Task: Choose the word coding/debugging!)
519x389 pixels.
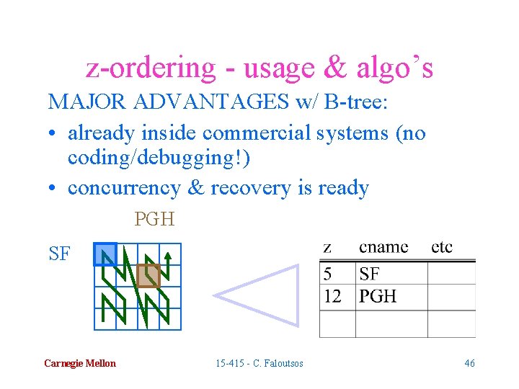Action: (x=159, y=160)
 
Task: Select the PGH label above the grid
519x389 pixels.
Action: (x=154, y=219)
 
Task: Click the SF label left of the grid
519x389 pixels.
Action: (x=60, y=254)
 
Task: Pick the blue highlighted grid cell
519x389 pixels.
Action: (x=105, y=254)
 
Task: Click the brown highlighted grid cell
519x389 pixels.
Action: (x=148, y=275)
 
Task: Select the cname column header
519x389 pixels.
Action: (x=383, y=247)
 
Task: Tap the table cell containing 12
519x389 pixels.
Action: (x=333, y=296)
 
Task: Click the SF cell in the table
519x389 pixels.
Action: (x=369, y=274)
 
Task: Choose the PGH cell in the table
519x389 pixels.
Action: (x=377, y=296)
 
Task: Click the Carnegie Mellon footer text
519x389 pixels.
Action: (x=79, y=363)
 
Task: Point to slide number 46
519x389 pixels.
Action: (x=469, y=363)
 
